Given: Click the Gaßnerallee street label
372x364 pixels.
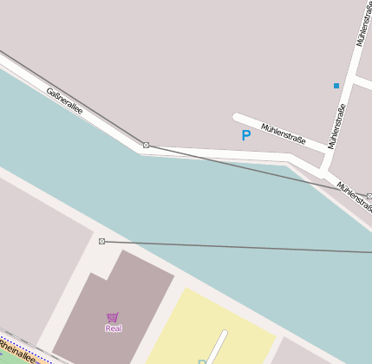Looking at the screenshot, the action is (64, 100).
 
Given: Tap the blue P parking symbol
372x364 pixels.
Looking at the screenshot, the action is (245, 135).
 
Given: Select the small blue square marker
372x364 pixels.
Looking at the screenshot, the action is (336, 85).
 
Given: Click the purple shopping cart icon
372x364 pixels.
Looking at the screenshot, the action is (113, 317).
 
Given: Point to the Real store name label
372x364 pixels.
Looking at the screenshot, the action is (114, 328).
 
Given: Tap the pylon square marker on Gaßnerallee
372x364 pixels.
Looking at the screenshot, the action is (146, 145).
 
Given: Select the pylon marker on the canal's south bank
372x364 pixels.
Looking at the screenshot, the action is (101, 241).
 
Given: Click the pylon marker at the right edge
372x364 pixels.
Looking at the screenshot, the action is (369, 197).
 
